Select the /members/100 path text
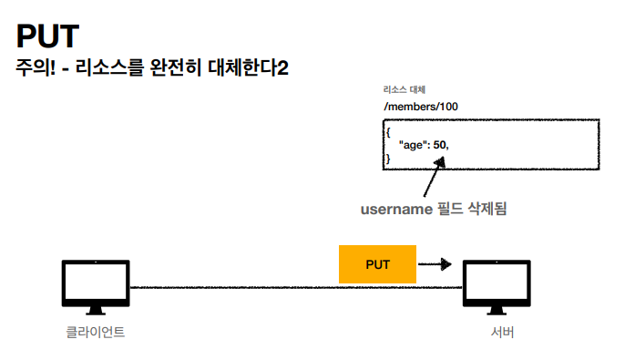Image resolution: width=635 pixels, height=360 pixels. (421, 107)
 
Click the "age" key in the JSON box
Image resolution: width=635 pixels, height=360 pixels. (414, 145)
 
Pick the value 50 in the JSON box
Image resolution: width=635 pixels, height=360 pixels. (440, 145)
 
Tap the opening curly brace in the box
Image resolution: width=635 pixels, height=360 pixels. (387, 132)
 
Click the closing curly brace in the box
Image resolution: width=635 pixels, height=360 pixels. (387, 159)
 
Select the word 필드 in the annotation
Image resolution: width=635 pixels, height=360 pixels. (448, 209)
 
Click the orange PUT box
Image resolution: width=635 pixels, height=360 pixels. (377, 264)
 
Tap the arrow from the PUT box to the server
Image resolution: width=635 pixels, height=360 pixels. (435, 264)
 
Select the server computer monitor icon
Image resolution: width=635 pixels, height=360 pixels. (497, 285)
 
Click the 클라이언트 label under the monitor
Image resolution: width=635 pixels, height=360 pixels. (95, 333)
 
